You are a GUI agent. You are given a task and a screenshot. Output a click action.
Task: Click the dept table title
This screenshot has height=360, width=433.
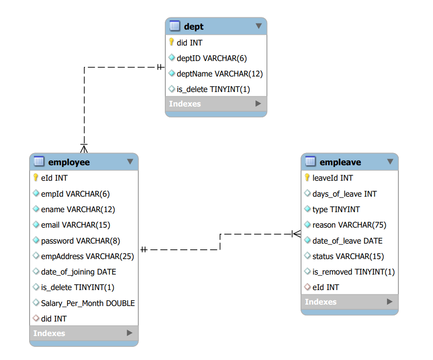pos(193,26)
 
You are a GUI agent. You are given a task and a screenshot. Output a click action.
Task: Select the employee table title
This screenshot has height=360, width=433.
pos(69,162)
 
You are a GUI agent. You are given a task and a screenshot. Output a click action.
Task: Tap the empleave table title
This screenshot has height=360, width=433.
pos(340,162)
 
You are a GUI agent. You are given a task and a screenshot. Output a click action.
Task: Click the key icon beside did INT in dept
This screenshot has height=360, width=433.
pos(171,42)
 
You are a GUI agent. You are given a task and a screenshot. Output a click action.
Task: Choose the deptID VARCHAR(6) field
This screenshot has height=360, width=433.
pos(211,58)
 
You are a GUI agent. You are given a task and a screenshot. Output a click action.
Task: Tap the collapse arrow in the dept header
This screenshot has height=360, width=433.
pos(258,26)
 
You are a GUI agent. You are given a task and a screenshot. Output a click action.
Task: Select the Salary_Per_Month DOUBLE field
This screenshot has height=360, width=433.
pos(88,303)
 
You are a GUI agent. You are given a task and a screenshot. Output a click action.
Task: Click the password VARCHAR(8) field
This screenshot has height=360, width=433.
pos(80,241)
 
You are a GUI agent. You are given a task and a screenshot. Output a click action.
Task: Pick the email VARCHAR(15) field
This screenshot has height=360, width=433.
pos(75,225)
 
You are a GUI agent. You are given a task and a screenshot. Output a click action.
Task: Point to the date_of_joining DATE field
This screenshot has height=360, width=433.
pos(78,272)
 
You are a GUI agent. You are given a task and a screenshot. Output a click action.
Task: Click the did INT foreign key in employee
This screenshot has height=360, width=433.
pos(54,319)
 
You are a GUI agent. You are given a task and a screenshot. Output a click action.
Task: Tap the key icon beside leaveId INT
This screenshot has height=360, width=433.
pos(307,178)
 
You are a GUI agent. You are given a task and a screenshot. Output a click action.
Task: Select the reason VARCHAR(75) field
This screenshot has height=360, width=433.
pos(349,225)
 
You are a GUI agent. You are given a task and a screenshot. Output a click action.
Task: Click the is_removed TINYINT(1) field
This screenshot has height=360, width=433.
pos(353,272)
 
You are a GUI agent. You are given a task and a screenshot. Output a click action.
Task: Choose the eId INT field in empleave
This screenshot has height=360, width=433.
pos(325,287)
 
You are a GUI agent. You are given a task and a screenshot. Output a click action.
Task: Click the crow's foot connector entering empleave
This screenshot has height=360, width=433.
pos(296,233)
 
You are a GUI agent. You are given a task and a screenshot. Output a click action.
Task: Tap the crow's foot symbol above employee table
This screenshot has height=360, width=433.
pos(84,148)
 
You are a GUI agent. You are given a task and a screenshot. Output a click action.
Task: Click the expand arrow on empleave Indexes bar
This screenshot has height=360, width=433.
pos(389,302)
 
